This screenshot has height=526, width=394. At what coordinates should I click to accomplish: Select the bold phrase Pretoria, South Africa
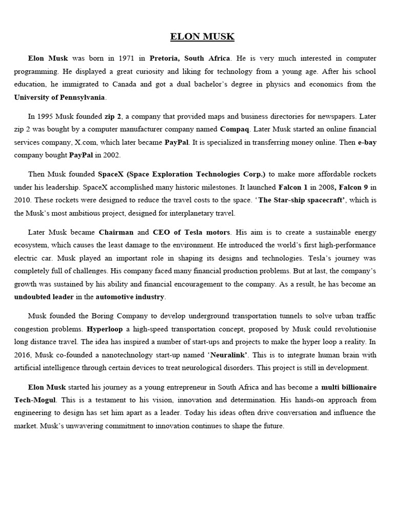pyautogui.click(x=190, y=58)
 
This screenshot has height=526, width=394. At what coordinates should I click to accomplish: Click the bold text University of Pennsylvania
pyautogui.click(x=60, y=97)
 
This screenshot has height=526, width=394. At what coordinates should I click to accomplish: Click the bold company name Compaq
pyautogui.click(x=236, y=129)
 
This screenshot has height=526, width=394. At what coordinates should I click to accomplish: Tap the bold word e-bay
pyautogui.click(x=367, y=142)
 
